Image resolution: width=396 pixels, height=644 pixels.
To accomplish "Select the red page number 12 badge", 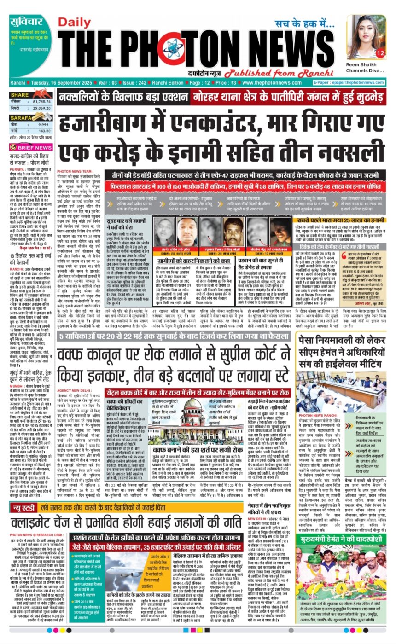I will tap(380, 54).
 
